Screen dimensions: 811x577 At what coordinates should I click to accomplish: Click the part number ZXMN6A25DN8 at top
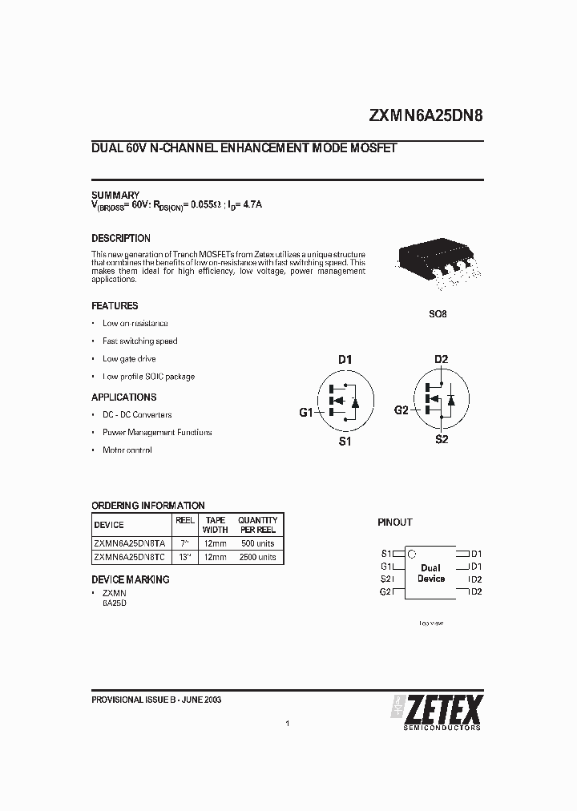tap(426, 115)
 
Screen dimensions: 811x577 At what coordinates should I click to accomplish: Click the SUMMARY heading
tap(115, 195)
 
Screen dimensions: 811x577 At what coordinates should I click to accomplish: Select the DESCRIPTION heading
tap(121, 238)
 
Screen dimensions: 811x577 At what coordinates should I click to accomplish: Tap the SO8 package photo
tap(434, 264)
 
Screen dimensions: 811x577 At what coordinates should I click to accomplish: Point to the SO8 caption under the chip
tap(438, 314)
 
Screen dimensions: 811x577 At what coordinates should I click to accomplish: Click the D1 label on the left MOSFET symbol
tap(345, 360)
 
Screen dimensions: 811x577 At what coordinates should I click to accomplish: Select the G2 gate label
tap(401, 410)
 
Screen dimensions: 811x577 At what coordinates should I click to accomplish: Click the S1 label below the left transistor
tap(345, 442)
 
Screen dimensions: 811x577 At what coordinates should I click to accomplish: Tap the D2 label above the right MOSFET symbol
tap(441, 359)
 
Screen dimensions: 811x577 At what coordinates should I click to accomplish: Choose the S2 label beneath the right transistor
tap(441, 440)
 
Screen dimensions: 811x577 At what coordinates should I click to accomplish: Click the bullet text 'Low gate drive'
tap(129, 359)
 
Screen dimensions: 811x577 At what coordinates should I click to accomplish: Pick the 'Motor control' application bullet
tap(127, 450)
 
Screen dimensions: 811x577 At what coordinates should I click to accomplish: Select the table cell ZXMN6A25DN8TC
tap(130, 556)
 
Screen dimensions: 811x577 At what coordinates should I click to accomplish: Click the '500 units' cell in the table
tap(256, 543)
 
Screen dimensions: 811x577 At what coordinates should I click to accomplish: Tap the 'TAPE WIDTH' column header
tap(215, 525)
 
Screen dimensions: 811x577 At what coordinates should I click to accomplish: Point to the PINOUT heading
tap(394, 522)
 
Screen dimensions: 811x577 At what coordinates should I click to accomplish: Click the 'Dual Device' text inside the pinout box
tap(430, 573)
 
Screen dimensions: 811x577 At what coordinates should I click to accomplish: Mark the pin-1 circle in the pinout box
tap(412, 553)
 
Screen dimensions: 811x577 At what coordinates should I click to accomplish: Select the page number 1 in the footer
tap(287, 724)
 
